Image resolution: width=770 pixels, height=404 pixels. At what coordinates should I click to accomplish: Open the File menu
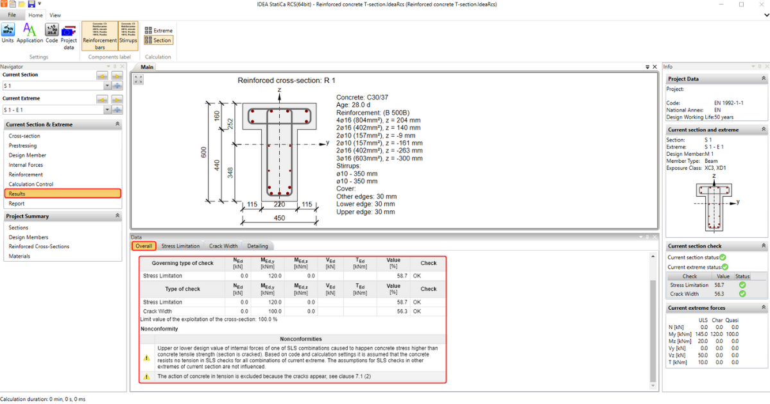point(12,15)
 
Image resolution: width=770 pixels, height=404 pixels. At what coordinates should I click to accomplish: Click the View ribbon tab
point(55,15)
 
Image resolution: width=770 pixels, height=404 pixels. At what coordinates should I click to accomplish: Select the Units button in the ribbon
point(8,33)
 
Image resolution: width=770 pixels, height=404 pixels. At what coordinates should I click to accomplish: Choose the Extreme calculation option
point(158,30)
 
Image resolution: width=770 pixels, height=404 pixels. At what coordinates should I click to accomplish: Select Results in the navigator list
point(17,194)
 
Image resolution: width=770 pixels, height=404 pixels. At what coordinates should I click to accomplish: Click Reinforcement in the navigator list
point(26,174)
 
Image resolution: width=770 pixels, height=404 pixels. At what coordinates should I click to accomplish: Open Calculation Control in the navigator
point(31,184)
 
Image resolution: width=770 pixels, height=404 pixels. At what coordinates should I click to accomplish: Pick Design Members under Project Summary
point(28,237)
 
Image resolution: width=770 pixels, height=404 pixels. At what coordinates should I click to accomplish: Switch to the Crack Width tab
point(223,246)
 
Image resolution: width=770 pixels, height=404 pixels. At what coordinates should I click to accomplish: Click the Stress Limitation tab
point(180,246)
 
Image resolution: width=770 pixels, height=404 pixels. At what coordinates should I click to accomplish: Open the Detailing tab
point(257,246)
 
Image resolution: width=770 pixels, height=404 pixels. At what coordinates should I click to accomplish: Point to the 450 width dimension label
point(279,217)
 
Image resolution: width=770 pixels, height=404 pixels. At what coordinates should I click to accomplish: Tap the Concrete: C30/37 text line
point(362,97)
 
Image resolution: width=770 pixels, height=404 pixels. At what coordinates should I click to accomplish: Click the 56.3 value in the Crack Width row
point(402,311)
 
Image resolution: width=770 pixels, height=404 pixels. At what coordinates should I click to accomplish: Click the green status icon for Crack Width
point(742,294)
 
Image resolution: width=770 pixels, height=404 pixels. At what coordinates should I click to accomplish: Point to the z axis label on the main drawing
point(280,90)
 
